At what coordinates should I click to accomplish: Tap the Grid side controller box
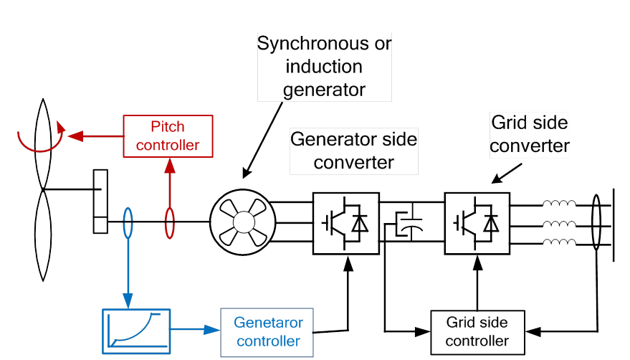[x=477, y=332]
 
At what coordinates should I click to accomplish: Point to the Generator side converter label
[x=353, y=151]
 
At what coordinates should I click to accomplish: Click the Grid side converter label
[x=530, y=134]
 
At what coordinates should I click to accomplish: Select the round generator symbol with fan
[x=242, y=223]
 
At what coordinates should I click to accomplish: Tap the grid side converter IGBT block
[x=477, y=223]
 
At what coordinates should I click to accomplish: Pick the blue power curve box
[x=136, y=331]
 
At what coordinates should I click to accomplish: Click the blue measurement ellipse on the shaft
[x=128, y=223]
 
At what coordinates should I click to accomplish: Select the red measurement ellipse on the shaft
[x=170, y=223]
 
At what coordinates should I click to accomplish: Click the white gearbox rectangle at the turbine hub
[x=100, y=202]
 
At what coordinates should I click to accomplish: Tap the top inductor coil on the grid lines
[x=560, y=205]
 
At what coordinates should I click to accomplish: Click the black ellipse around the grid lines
[x=596, y=223]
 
